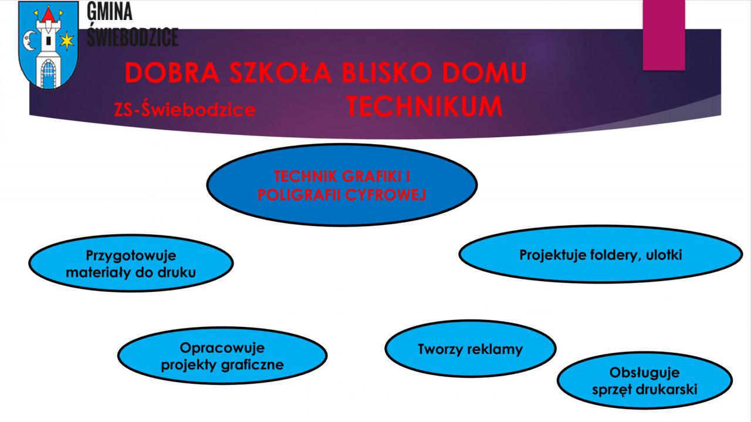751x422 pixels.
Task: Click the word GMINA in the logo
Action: point(109,11)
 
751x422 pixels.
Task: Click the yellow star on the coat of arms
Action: point(67,41)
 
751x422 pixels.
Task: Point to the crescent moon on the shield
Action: point(29,40)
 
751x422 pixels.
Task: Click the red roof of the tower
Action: point(49,15)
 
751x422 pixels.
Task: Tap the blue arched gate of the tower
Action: point(48,74)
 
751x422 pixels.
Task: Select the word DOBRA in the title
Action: point(172,72)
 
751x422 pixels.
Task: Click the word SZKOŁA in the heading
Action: point(280,72)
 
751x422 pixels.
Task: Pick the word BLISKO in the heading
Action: point(386,72)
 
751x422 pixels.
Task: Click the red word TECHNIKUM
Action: point(424,106)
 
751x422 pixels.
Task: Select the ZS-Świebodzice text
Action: point(185,109)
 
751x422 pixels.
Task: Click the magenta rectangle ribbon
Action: point(664,35)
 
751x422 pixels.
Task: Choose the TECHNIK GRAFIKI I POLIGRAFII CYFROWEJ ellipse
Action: point(342,185)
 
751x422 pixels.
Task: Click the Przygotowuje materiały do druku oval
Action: point(131,264)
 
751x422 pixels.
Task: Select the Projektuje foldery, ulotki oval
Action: point(600,254)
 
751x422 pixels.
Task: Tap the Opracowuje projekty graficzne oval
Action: point(222,356)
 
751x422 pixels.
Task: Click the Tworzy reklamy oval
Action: point(471,349)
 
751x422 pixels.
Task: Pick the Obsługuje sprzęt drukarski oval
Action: point(645,380)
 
